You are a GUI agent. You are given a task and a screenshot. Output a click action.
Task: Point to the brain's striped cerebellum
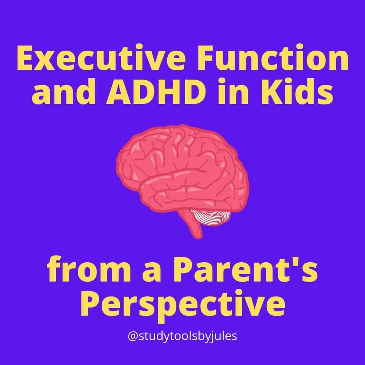(x=211, y=217)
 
